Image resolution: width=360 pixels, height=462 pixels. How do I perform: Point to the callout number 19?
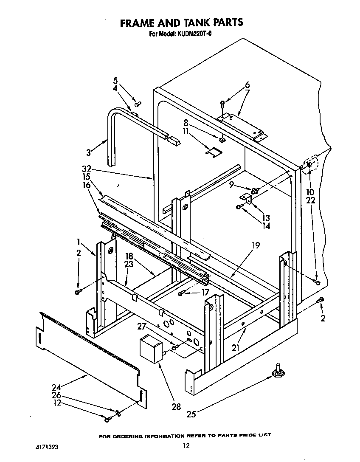pyautogui.click(x=255, y=245)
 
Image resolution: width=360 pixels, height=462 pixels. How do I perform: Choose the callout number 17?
pyautogui.click(x=205, y=292)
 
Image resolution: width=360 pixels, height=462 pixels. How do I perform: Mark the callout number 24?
pyautogui.click(x=56, y=387)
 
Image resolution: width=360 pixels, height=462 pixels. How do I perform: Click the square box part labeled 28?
pyautogui.click(x=149, y=347)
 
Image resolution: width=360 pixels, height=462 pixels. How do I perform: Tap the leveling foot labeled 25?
pyautogui.click(x=278, y=372)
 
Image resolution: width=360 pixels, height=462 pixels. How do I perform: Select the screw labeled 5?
pyautogui.click(x=137, y=103)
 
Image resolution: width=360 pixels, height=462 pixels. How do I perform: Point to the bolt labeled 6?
pyautogui.click(x=222, y=103)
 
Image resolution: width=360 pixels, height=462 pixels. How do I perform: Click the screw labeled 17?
pyautogui.click(x=181, y=293)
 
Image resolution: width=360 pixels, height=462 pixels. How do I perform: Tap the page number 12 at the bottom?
pyautogui.click(x=185, y=445)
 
